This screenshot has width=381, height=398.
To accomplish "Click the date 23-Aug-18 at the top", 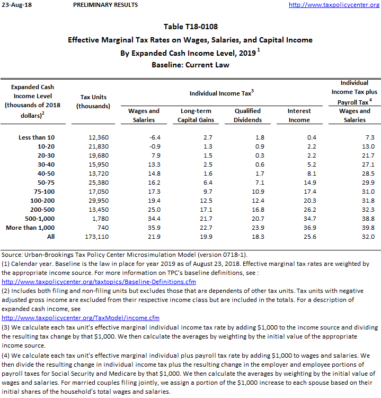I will coord(16,5).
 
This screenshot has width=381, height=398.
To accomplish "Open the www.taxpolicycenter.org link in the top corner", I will coord(334,5).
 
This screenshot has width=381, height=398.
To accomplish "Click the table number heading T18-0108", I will coord(190,27).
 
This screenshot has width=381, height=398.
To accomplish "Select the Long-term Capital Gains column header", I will coord(196,115).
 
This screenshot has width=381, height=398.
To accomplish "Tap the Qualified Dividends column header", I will coord(247,115).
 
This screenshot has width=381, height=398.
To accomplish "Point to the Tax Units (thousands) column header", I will coord(93,101).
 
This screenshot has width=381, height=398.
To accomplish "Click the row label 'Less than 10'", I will coord(36,137).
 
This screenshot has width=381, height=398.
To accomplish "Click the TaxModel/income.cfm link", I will coord(81,317).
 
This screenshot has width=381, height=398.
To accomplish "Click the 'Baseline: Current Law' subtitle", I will coord(190,65).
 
